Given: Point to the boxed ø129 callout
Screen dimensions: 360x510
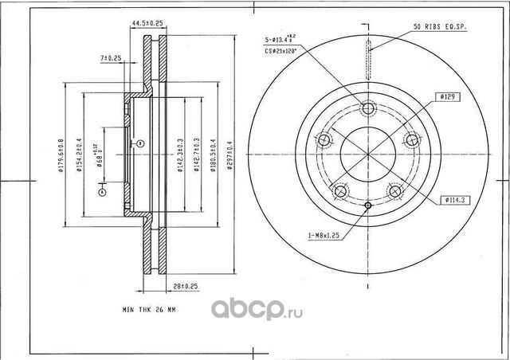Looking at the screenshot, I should [445, 96].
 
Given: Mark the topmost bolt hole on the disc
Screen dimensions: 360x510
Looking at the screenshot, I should [367, 110].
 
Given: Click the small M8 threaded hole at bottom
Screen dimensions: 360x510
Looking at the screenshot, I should [367, 207].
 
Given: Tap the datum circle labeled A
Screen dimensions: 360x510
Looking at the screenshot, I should [102, 190].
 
